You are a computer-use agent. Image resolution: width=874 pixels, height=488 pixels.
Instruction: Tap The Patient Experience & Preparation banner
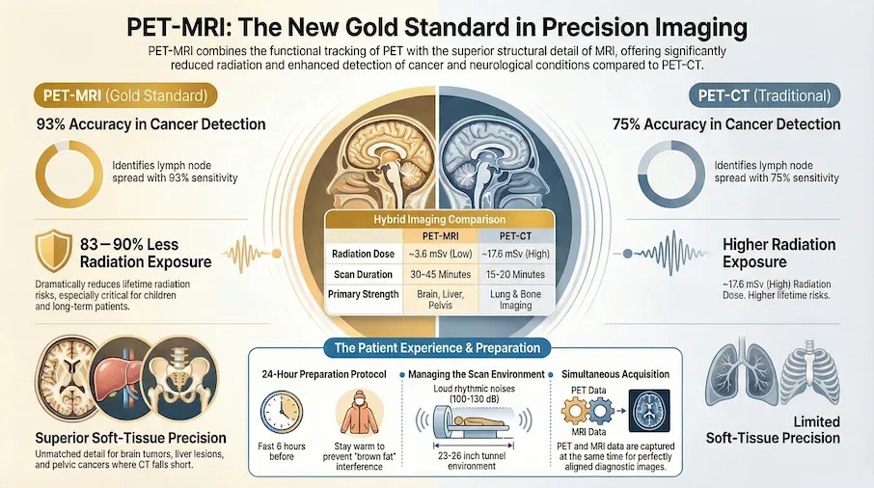(x=436, y=347)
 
